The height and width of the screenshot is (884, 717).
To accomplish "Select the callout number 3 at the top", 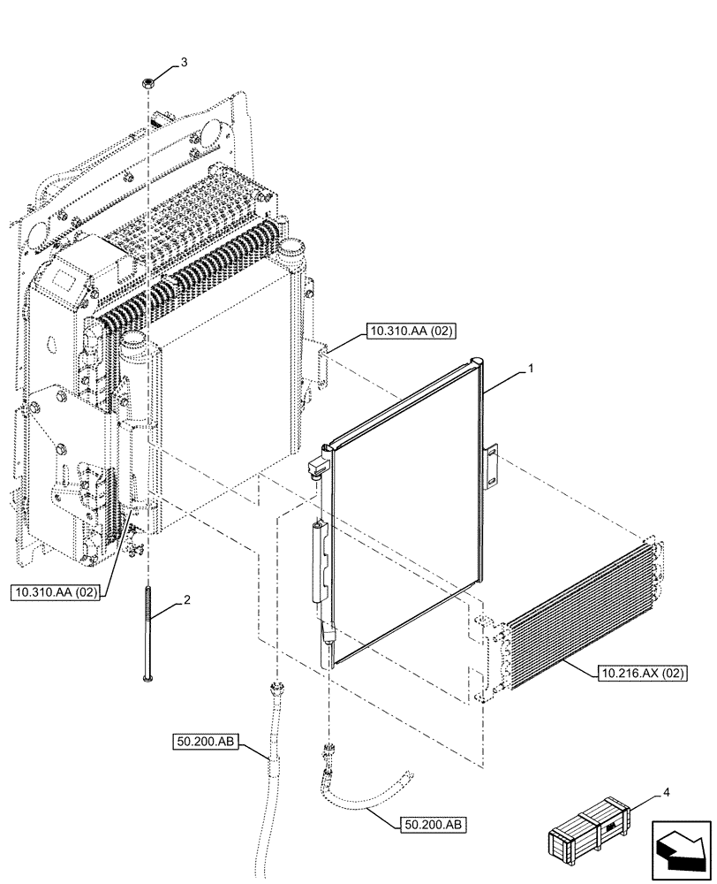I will click(184, 62).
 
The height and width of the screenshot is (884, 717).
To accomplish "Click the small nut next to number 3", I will click(148, 81).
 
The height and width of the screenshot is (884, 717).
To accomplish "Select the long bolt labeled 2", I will click(146, 631).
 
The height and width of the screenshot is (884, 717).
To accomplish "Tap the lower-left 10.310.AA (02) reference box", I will click(55, 591).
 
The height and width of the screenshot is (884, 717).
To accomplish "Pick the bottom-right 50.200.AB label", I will click(432, 825).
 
